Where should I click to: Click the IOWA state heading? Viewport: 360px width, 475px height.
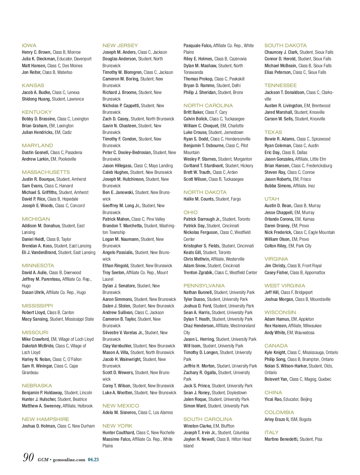point(29,46)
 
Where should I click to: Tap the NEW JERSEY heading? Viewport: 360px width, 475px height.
point(120,46)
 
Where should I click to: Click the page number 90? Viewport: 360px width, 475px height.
point(28,458)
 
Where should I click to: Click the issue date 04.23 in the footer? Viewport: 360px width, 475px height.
point(93,460)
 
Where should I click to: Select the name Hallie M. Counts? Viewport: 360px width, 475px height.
point(199,199)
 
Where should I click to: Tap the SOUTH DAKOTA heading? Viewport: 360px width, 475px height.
point(285,46)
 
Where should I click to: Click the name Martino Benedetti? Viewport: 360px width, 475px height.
point(281,439)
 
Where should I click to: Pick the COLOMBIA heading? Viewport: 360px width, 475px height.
point(279,413)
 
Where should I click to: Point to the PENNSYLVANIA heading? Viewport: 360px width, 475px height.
point(204,286)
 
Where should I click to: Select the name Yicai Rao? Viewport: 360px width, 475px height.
point(273,399)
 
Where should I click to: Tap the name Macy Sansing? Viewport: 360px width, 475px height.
point(35,319)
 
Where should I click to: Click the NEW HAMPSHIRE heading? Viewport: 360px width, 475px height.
point(45,419)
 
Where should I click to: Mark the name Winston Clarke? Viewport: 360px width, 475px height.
point(197,426)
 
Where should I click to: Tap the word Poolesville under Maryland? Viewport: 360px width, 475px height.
point(67,159)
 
